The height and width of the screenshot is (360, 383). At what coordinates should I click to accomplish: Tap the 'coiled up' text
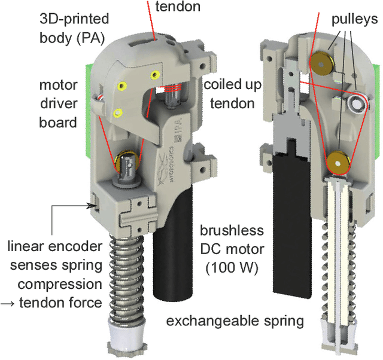[x=232, y=85]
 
